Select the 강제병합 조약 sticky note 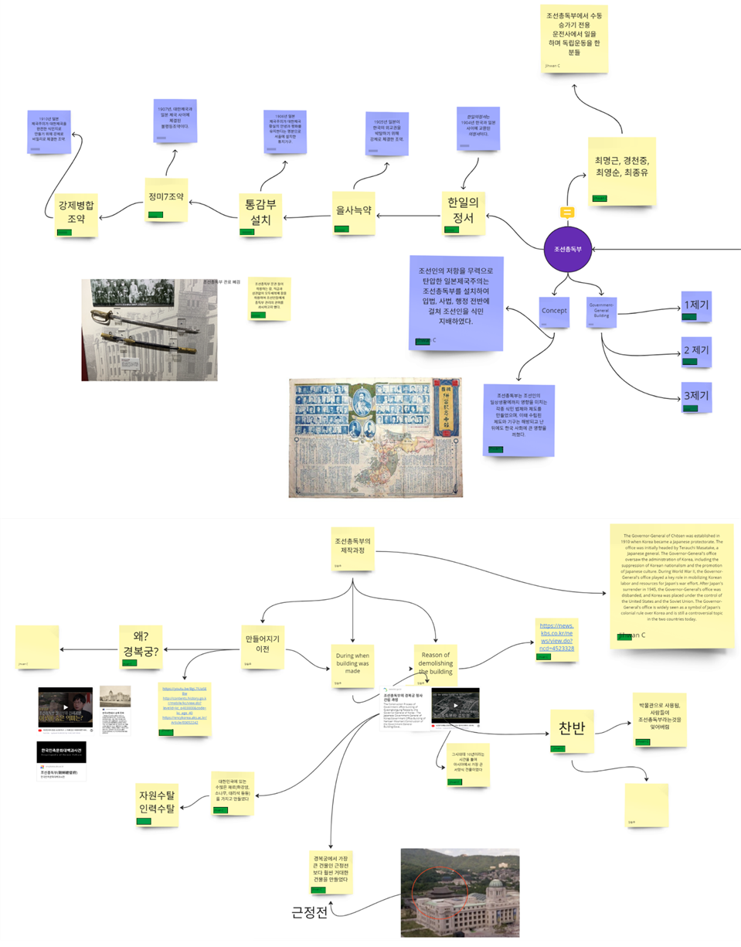pos(76,213)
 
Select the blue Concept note pos(554,312)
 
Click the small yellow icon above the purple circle pos(567,212)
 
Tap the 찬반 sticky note pos(570,729)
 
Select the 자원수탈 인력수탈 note pos(157,802)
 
